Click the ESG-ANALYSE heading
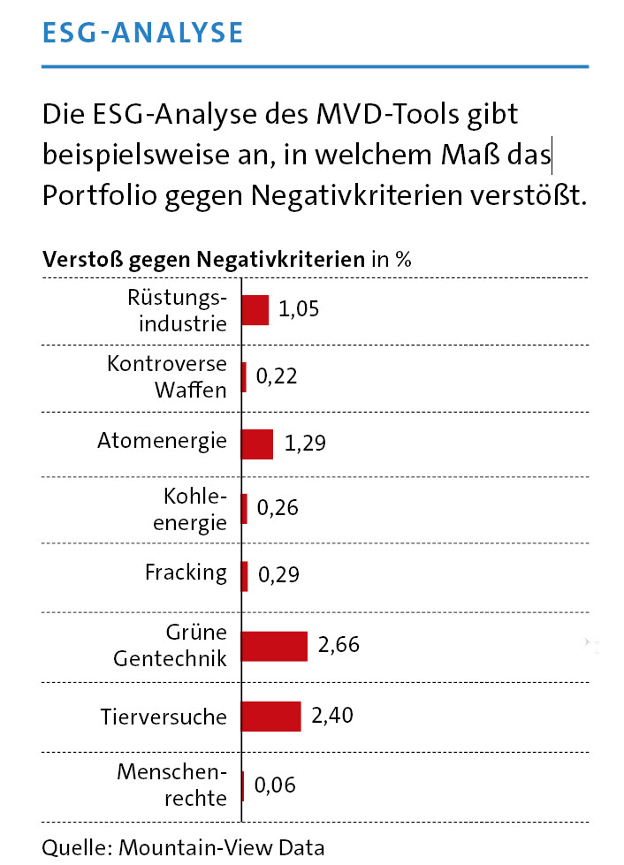click(142, 32)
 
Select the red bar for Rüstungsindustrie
click(255, 310)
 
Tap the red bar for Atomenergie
click(257, 444)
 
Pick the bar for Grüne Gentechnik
click(274, 646)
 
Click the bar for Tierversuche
click(270, 716)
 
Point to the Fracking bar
click(245, 576)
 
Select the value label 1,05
click(298, 309)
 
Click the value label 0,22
click(276, 376)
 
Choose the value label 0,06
click(275, 785)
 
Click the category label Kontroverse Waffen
click(167, 376)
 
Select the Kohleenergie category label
click(190, 510)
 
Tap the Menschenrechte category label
click(172, 785)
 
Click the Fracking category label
click(186, 573)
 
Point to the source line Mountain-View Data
click(183, 847)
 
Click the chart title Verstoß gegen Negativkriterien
click(203, 260)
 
